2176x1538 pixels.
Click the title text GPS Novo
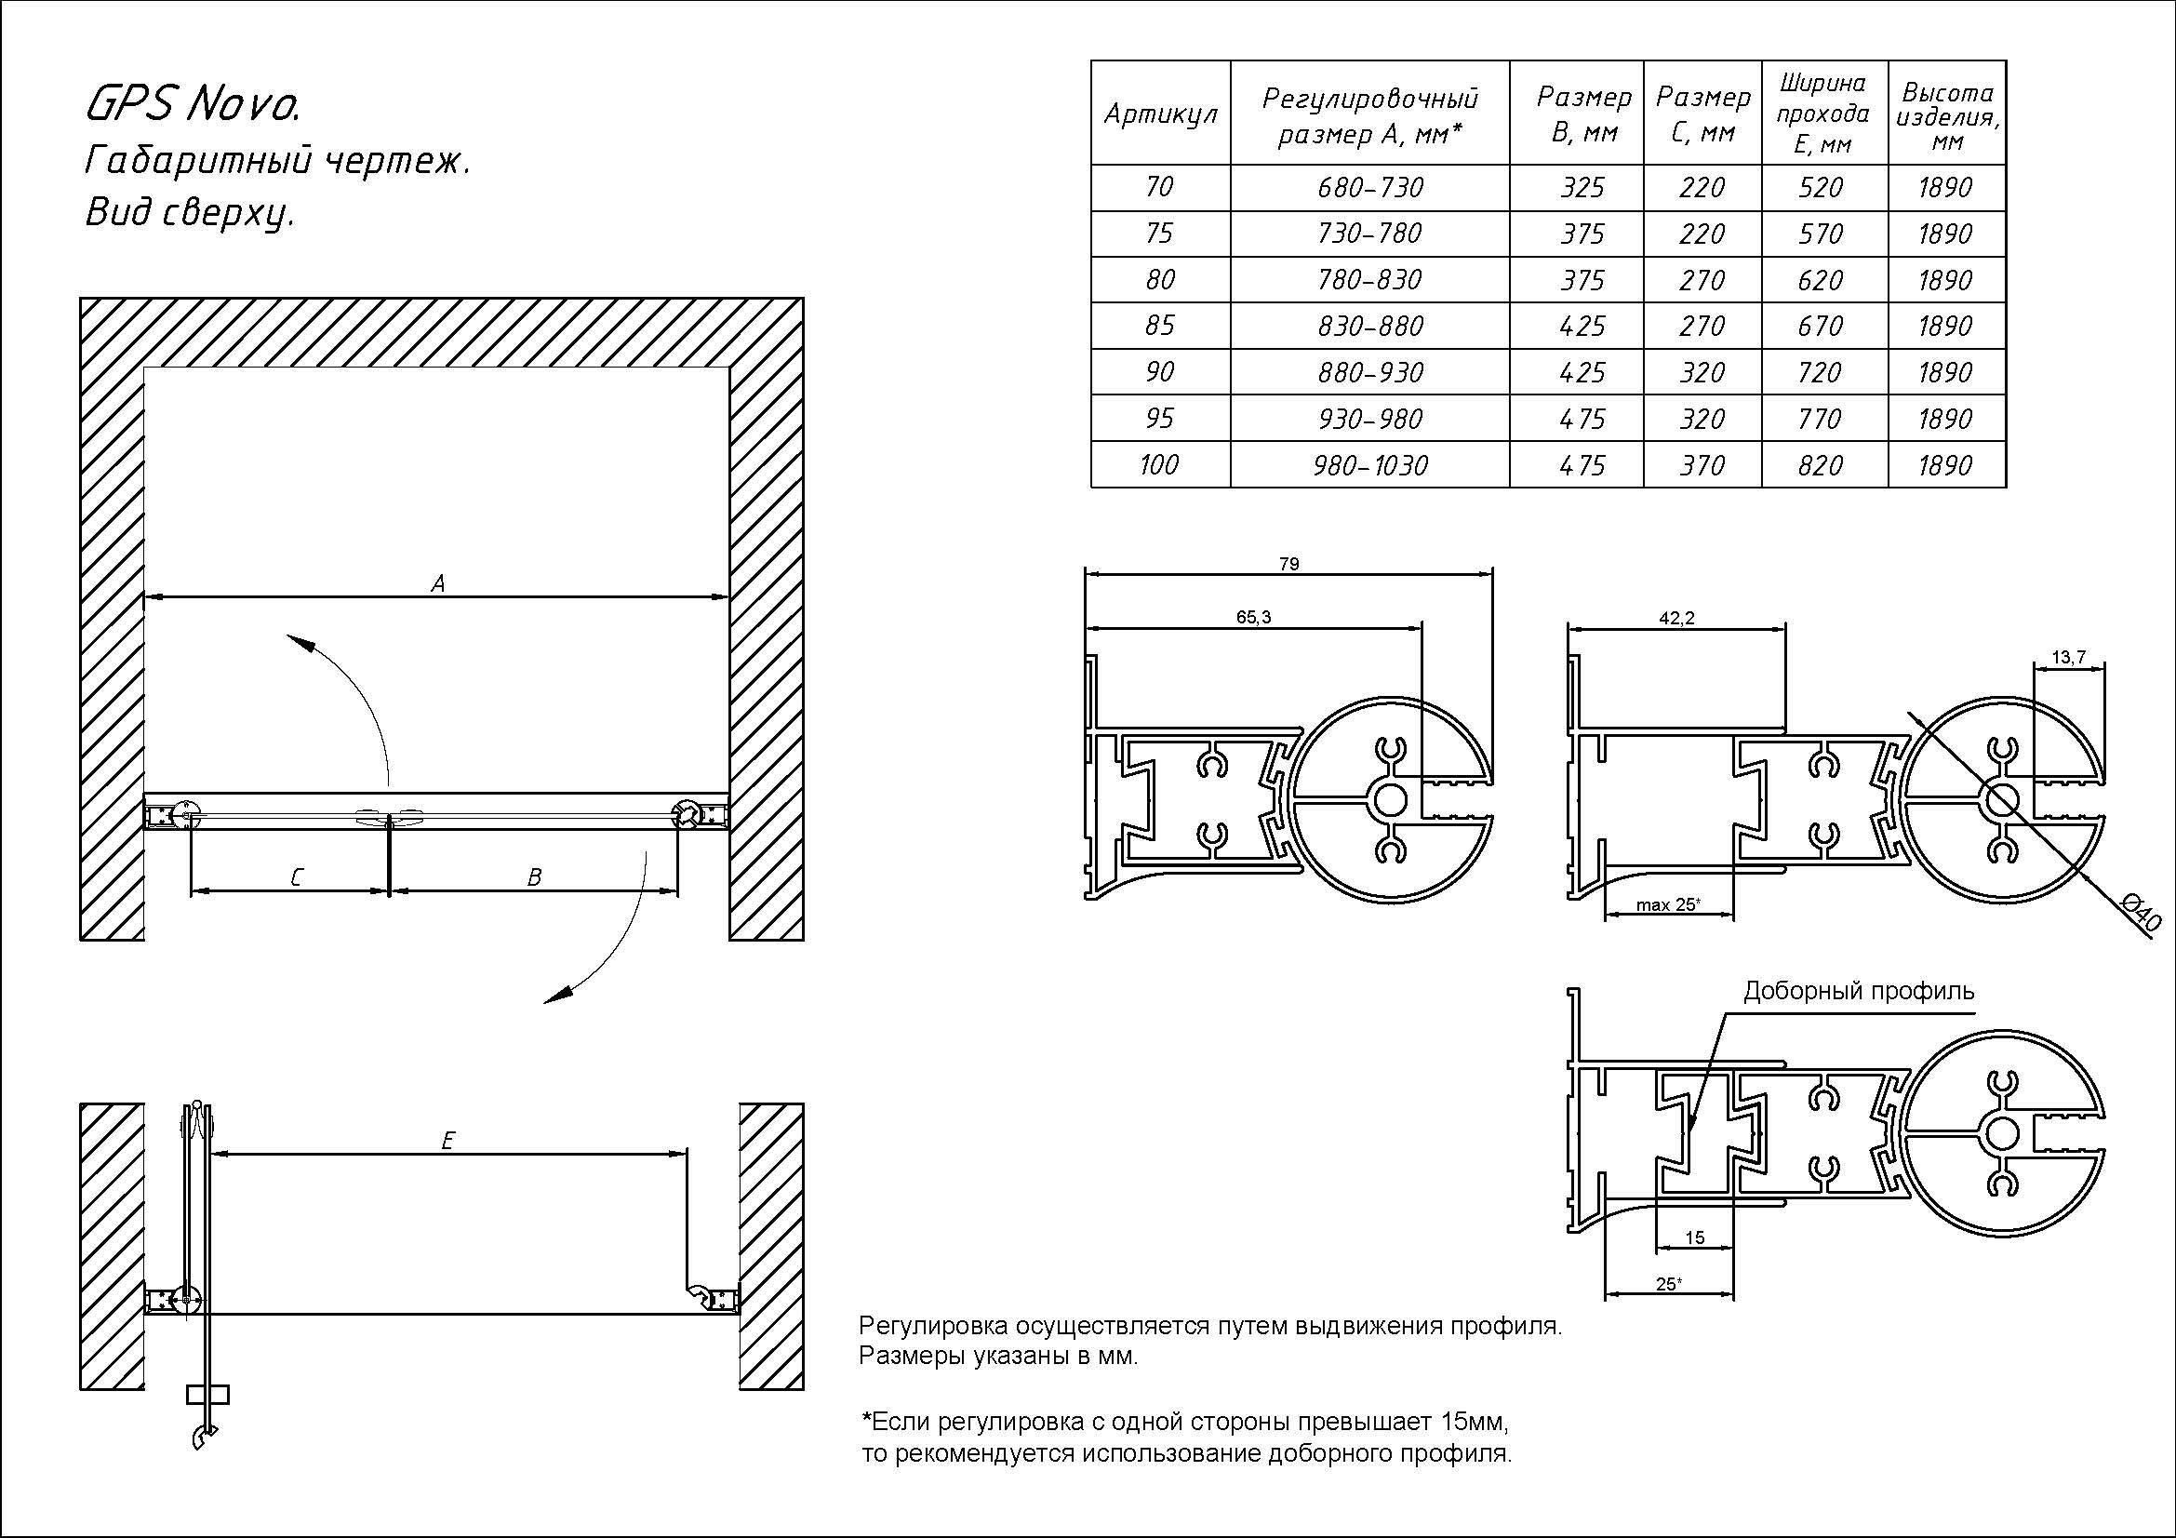[x=194, y=104]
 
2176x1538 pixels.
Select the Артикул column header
[x=1160, y=114]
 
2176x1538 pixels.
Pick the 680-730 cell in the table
[x=1369, y=188]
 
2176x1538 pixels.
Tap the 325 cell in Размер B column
[x=1582, y=188]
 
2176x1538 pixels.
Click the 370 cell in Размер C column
[x=1702, y=465]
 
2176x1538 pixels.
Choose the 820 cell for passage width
[x=1820, y=465]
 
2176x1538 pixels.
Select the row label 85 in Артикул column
[x=1159, y=326]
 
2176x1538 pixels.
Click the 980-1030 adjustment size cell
[x=1369, y=465]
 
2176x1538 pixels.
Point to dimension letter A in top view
[x=438, y=583]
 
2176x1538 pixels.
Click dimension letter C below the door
[x=296, y=878]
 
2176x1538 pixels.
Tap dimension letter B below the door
[x=534, y=878]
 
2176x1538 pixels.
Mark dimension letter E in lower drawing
[x=448, y=1141]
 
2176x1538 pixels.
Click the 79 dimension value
[x=1288, y=564]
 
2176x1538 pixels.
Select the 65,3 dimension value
[x=1253, y=617]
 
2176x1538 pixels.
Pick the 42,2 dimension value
[x=1676, y=618]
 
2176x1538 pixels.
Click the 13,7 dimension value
[x=2069, y=658]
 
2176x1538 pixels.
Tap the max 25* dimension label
[x=1668, y=905]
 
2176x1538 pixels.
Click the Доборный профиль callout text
[x=1859, y=991]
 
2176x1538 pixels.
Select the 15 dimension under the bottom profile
[x=1696, y=1237]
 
